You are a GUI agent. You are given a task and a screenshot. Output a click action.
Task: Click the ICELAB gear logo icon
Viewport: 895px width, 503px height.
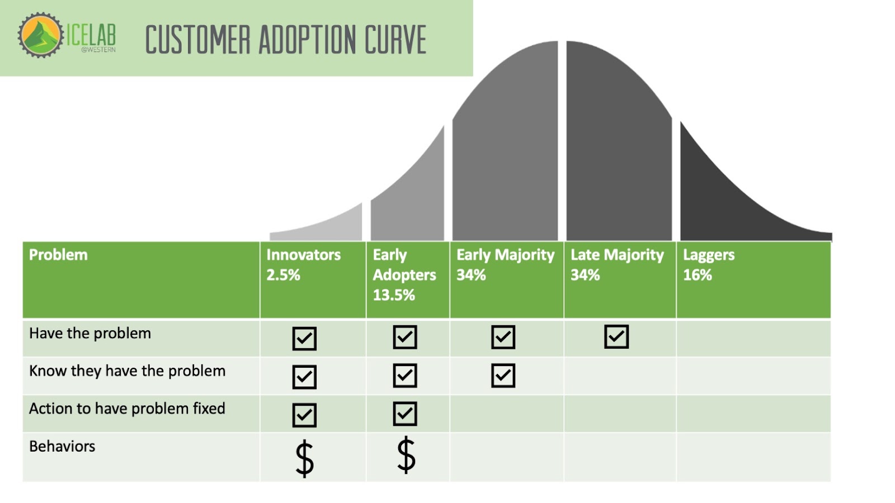[40, 35]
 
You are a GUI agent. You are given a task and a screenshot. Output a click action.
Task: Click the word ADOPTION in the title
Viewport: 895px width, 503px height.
[307, 40]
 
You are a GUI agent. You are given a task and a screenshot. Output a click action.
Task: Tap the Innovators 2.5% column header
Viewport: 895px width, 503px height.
[303, 265]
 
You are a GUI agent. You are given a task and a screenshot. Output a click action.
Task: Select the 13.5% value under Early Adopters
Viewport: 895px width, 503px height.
[394, 295]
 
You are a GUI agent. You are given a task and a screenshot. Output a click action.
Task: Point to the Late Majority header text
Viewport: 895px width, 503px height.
[617, 255]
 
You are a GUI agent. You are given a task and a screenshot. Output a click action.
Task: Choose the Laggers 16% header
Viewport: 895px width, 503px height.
[708, 265]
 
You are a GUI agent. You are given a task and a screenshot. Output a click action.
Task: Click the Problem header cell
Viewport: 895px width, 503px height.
[58, 255]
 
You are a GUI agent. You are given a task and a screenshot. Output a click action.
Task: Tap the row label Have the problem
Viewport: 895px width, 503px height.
[90, 334]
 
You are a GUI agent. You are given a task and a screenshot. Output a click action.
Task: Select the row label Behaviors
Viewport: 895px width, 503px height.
[62, 447]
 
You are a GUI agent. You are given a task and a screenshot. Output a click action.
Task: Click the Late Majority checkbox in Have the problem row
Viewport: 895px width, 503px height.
[616, 337]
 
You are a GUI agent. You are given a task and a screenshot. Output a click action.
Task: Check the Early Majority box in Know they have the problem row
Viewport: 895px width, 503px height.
[503, 376]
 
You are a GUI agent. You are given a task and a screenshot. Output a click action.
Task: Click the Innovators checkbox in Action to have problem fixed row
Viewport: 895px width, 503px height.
[304, 415]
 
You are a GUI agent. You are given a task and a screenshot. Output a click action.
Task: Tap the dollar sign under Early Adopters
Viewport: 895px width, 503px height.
[406, 455]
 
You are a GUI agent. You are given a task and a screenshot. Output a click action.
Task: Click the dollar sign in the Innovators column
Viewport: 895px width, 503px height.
[304, 458]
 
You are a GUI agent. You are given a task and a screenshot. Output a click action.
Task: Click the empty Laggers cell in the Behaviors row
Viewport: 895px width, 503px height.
[753, 457]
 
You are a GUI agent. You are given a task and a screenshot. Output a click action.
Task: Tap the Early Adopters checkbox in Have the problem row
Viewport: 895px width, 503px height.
[405, 337]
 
